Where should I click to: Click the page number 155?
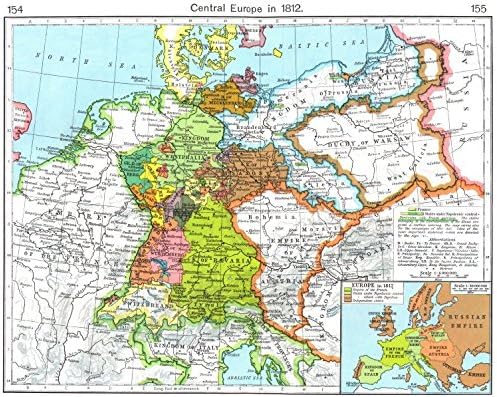click(481, 8)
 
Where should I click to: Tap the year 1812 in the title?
click(291, 8)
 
